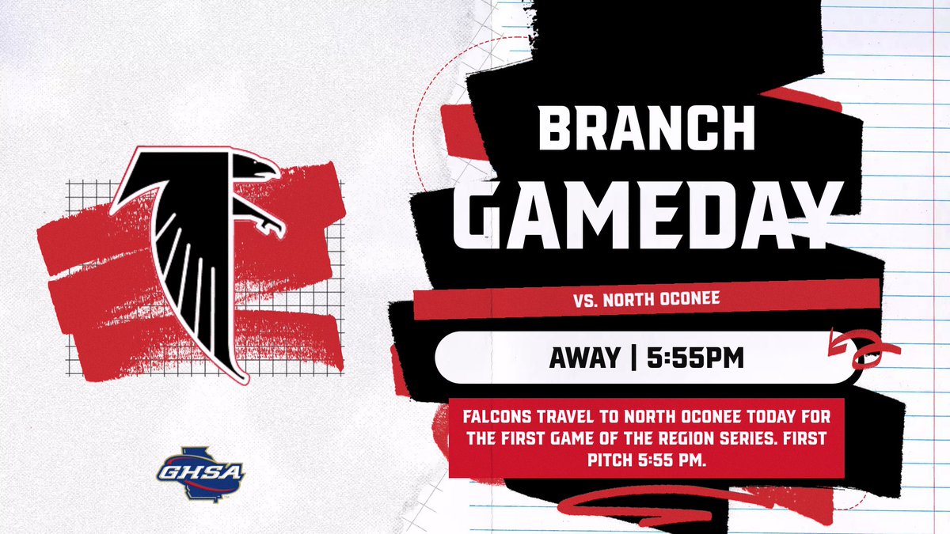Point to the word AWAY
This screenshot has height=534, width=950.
click(x=584, y=358)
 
